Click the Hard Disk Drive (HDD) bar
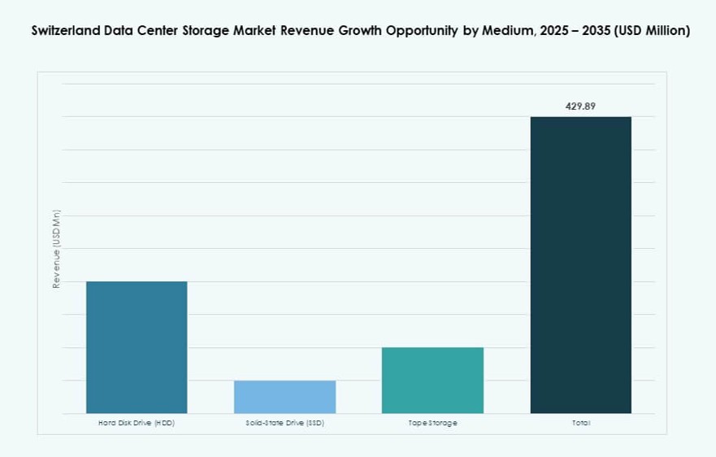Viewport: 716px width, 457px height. click(x=137, y=347)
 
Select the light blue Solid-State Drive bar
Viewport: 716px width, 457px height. click(x=284, y=397)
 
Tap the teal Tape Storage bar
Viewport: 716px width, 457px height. click(x=432, y=381)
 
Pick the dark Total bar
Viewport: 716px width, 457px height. click(x=580, y=265)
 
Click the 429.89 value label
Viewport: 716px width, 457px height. click(x=580, y=106)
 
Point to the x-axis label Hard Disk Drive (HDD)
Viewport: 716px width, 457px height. click(x=137, y=424)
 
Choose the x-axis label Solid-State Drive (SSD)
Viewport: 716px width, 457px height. click(x=284, y=424)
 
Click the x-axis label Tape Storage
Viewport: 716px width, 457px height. click(x=432, y=424)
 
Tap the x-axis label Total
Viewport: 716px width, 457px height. click(x=580, y=424)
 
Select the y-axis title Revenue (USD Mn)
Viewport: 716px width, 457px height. click(x=57, y=249)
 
